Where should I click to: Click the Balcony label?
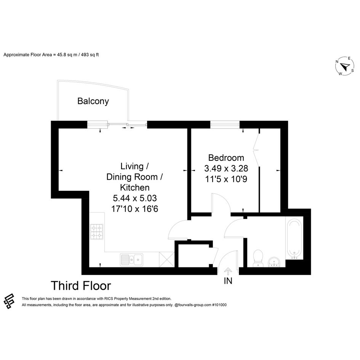point(93,101)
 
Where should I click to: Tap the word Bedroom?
point(226,158)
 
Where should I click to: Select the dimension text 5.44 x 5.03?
point(135,198)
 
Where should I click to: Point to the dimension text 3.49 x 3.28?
point(226,168)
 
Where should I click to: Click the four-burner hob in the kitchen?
point(97,232)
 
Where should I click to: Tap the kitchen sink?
point(131,260)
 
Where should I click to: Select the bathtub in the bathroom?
point(294,238)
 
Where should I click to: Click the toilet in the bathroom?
point(258,258)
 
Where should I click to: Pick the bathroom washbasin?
point(274,262)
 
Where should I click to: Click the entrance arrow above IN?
point(228,271)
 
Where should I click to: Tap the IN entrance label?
point(228,281)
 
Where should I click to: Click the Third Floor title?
point(81,286)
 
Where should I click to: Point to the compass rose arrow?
point(345,67)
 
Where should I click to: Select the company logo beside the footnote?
point(9,301)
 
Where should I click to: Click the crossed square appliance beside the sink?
point(167,259)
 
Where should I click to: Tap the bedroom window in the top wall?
point(225,125)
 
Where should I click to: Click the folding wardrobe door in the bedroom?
point(256,150)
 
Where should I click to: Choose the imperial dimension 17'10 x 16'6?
point(135,209)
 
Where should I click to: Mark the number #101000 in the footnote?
point(219,305)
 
